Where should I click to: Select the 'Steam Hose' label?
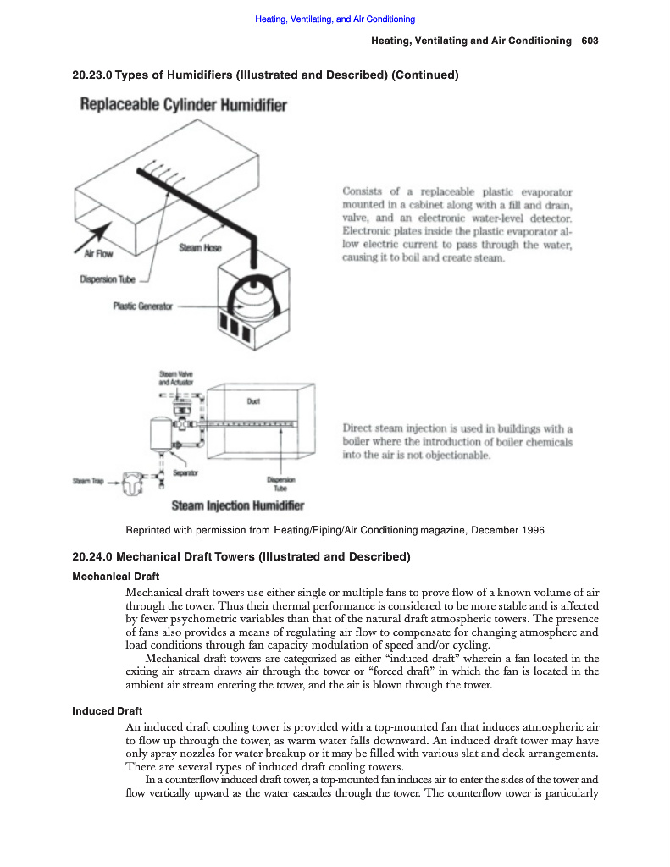click(200, 248)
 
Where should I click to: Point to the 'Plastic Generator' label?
click(142, 306)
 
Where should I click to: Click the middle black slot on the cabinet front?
click(236, 326)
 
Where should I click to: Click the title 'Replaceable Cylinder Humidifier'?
click(183, 106)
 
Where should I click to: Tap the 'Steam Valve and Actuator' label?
click(177, 378)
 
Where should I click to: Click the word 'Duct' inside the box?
click(252, 401)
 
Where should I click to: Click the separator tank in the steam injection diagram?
click(158, 433)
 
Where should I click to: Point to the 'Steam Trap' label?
click(87, 482)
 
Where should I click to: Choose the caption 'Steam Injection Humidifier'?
click(237, 506)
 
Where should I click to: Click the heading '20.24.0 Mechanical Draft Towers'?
click(241, 556)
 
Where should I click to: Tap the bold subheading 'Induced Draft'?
click(107, 710)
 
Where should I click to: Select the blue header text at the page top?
click(335, 19)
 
